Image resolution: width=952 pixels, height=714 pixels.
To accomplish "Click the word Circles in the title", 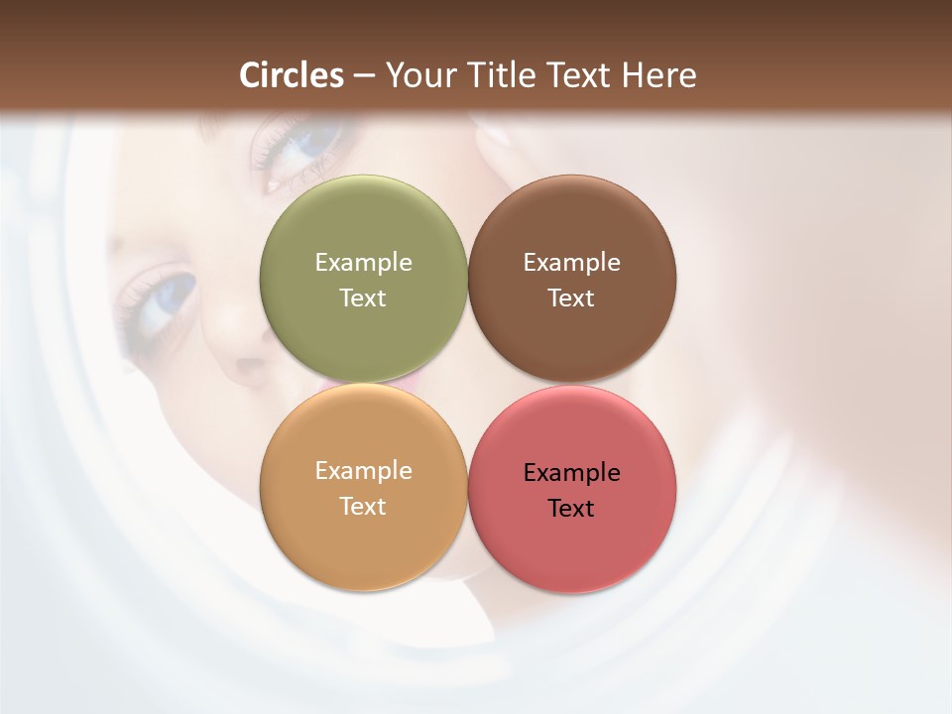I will pos(291,75).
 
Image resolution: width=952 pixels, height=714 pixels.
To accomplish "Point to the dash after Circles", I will pos(364,77).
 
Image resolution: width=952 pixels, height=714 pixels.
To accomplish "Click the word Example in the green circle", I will pos(363,262).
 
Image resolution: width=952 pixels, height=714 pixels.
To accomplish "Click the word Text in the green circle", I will pos(363,297).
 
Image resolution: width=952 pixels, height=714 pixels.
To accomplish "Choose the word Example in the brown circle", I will pos(571,262).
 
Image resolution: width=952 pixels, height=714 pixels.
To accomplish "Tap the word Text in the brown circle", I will pos(571,297).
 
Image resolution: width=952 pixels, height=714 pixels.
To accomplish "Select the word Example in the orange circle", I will pos(363,470).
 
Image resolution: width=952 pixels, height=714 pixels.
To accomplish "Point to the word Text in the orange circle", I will pos(363,506).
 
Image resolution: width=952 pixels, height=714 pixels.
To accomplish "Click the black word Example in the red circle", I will pos(571,472).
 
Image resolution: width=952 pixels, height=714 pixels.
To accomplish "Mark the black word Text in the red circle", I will pos(571,508).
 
